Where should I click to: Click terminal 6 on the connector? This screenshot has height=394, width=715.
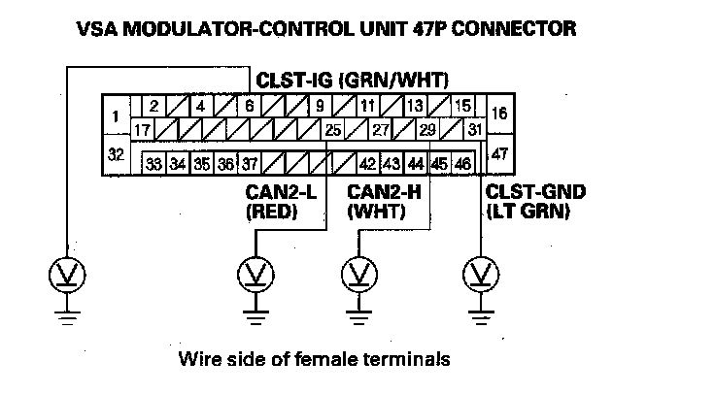coord(250,106)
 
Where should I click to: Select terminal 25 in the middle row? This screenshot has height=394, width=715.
coord(332,130)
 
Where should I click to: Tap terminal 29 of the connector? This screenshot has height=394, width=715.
coord(427,130)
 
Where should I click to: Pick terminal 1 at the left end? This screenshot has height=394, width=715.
coord(116,115)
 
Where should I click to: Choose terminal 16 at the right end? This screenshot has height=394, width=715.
coord(500,113)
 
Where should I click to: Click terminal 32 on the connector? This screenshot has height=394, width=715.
coord(116,155)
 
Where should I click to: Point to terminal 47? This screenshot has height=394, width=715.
coord(500,153)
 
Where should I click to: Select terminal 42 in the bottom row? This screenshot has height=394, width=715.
coord(368,163)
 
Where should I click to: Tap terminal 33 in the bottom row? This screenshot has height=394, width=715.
coord(154,163)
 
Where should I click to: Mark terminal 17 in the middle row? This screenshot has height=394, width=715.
coord(143,130)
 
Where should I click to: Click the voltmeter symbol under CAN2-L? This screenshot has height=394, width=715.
coord(255,275)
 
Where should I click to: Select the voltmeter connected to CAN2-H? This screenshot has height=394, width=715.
coord(359,275)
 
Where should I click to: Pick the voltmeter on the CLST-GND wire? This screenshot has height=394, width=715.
coord(481,275)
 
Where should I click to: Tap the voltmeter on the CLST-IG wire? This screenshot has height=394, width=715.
coord(67,275)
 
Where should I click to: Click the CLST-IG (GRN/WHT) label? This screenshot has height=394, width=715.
coord(352,81)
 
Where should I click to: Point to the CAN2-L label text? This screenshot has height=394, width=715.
coord(281,192)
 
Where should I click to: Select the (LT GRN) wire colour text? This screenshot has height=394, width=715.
coord(528,212)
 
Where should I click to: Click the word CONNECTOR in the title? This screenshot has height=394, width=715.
coord(514,28)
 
